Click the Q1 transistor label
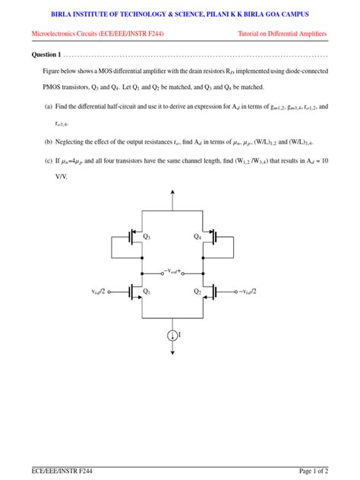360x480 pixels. (147, 291)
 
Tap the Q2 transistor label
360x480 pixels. (197, 291)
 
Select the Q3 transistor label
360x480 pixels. (147, 237)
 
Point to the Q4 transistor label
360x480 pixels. (197, 237)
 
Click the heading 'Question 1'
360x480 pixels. (46, 55)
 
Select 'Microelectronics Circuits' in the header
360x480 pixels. (68, 34)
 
